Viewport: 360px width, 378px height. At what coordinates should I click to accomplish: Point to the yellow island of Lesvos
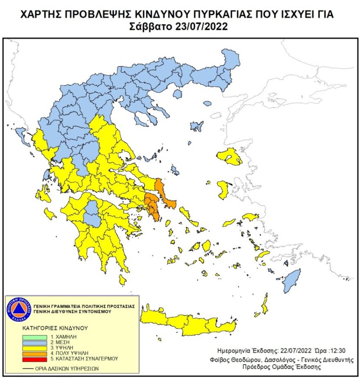coord(229,157)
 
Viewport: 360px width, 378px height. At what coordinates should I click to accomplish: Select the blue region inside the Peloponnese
coord(93,214)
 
